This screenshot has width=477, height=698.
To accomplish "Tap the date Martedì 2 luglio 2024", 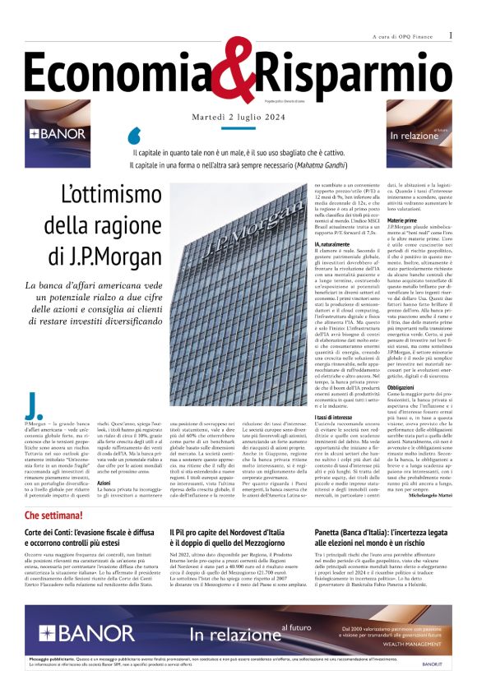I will tap(238, 117).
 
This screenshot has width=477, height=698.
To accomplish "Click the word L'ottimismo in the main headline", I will tap(110, 195).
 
